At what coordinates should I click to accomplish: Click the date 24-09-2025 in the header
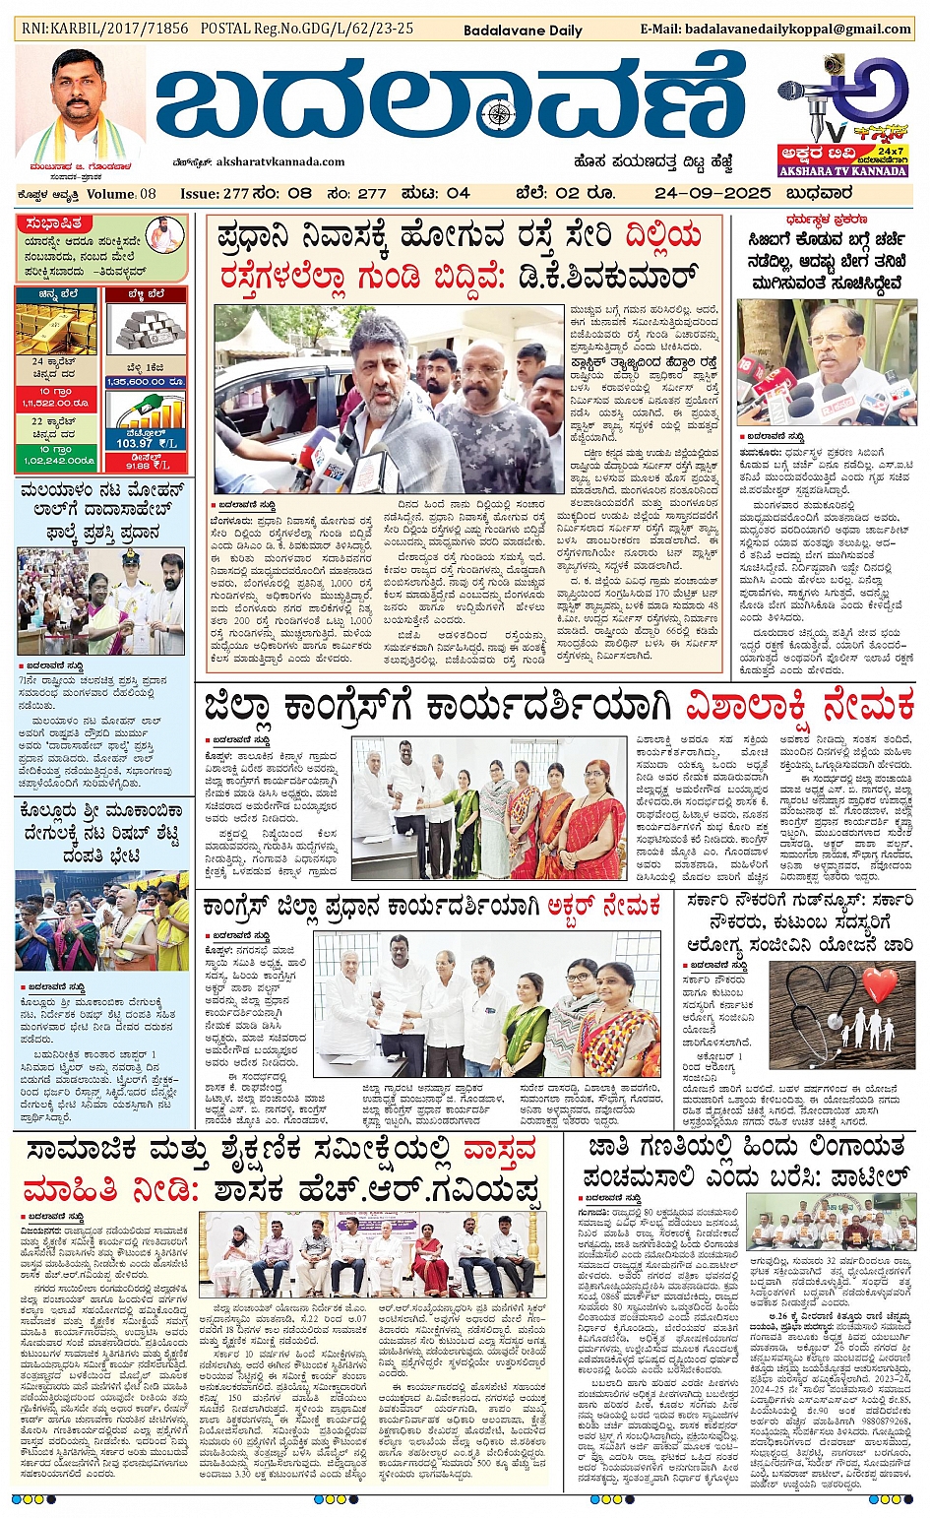point(712,193)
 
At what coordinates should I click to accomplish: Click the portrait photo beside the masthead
point(80,102)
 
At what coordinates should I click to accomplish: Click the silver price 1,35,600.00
point(146,382)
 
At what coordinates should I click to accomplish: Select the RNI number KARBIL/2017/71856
point(104,29)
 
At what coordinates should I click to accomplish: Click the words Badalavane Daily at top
point(523,31)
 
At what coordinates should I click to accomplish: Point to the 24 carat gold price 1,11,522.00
point(56,404)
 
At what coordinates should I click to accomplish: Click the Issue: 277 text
point(215,194)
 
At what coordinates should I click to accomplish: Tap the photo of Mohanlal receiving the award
point(101,602)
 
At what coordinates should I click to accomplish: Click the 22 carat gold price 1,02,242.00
point(56,461)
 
